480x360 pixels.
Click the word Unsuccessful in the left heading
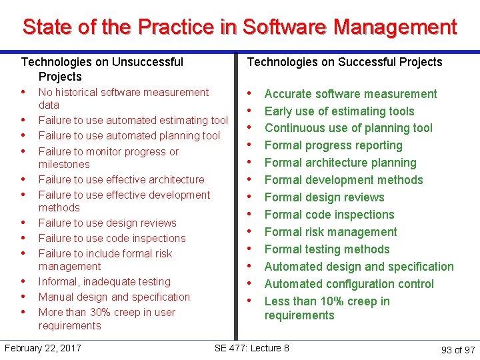148,62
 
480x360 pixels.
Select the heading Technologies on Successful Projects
345,62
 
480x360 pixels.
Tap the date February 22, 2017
43,348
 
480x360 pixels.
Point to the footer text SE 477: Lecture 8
252,348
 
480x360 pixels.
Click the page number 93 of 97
458,350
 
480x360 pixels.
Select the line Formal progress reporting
333,145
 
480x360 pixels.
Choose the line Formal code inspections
329,215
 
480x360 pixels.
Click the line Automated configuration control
349,284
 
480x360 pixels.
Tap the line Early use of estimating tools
339,111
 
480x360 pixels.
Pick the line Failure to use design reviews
107,223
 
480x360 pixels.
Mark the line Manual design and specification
114,297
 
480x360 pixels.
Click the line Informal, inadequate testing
105,281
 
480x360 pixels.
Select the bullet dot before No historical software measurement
23,91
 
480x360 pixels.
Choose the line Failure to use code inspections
112,238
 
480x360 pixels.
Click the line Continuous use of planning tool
349,128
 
